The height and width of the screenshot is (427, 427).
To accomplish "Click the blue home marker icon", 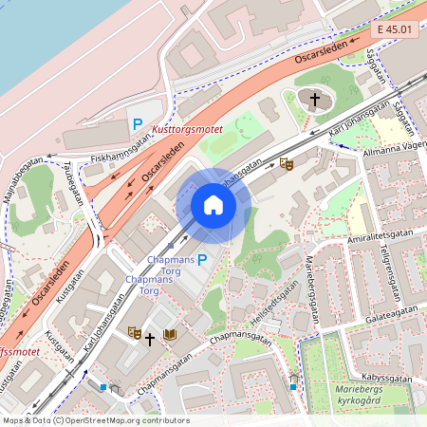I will tap(213, 205).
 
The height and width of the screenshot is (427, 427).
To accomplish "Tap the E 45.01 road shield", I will tap(393, 30).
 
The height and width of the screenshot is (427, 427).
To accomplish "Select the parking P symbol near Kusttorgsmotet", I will tap(138, 123).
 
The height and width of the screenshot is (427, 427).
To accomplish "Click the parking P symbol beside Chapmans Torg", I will tap(201, 259).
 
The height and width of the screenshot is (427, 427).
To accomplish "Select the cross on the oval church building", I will tap(314, 99).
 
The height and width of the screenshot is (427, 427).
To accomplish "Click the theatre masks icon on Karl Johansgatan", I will tap(288, 164).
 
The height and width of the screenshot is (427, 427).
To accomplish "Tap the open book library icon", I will tap(169, 335).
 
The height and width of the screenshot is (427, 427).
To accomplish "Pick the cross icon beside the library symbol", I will tap(150, 338).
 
